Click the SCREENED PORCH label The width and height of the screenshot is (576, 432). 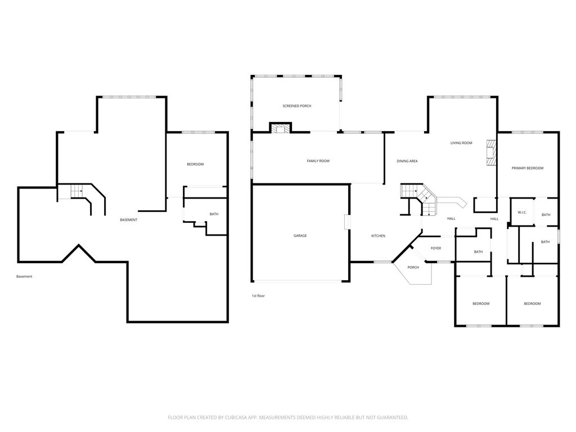point(297,106)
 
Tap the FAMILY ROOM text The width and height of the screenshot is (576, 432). point(318,161)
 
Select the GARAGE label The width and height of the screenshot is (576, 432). point(300,236)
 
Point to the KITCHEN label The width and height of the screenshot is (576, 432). point(378,236)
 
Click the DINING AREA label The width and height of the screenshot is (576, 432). point(407,161)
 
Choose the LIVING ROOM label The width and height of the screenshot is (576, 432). point(461,143)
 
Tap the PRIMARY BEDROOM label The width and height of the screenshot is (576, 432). point(528,168)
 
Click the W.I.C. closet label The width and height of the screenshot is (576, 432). point(522,212)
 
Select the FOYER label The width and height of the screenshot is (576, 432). point(436,248)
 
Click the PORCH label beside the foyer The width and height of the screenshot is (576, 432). point(413,267)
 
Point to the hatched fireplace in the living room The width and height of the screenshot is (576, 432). point(492,152)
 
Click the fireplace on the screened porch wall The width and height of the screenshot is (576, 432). point(281,128)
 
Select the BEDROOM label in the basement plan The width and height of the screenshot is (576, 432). point(195,164)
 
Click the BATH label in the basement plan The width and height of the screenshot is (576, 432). point(214,214)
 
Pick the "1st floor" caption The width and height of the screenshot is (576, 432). point(258,296)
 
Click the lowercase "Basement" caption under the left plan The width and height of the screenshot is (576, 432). point(24,277)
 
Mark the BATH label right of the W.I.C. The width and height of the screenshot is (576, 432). point(546,215)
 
